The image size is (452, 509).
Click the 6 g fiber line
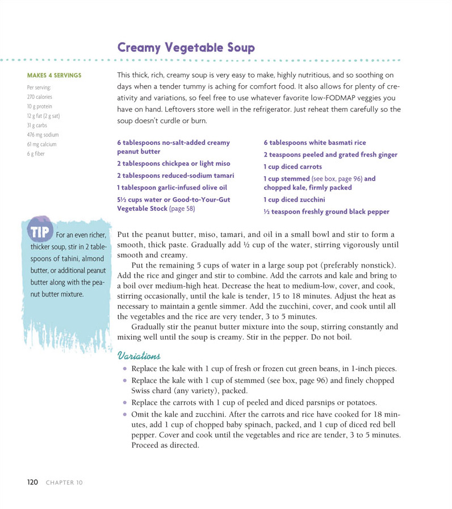click(x=35, y=153)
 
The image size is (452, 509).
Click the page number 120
click(x=32, y=482)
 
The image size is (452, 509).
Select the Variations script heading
click(x=139, y=356)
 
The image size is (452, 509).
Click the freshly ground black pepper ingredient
click(x=327, y=212)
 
